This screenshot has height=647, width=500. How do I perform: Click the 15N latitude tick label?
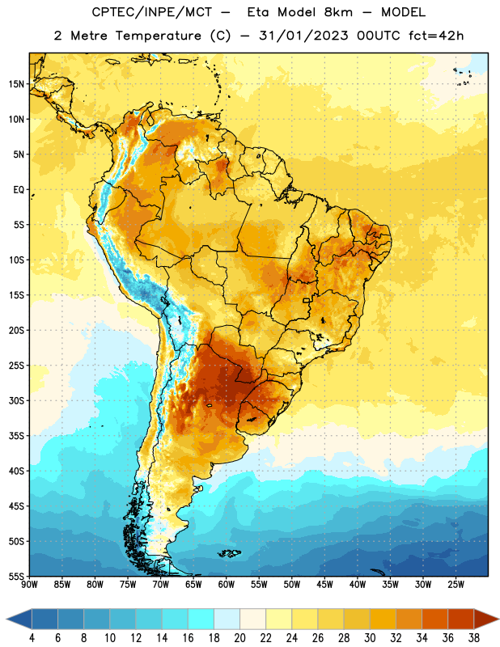[16, 84]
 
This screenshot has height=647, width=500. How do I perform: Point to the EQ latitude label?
[19, 190]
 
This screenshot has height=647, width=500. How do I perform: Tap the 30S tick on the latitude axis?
[16, 400]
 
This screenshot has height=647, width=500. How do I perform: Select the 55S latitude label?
[16, 577]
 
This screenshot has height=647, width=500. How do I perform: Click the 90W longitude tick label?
[30, 584]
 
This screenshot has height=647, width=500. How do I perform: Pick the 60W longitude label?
[227, 584]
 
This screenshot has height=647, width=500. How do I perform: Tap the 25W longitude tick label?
[456, 584]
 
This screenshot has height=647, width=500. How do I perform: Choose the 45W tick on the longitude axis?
[324, 584]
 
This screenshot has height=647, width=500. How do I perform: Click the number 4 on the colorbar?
[32, 638]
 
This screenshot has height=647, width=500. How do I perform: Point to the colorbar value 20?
[239, 638]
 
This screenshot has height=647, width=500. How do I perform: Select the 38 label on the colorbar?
[474, 638]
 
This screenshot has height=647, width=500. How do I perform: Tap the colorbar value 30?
[370, 638]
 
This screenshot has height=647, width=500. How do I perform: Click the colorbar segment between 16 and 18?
[201, 619]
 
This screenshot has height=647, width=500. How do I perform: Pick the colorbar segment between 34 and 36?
[434, 619]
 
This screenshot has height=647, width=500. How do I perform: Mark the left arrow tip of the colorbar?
[6, 619]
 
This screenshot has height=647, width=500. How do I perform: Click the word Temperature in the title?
[158, 36]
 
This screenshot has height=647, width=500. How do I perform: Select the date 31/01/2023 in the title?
[303, 36]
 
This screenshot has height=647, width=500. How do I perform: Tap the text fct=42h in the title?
[436, 36]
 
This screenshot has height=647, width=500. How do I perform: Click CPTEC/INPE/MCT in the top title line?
[151, 12]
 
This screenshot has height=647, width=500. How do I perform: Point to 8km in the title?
[338, 12]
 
